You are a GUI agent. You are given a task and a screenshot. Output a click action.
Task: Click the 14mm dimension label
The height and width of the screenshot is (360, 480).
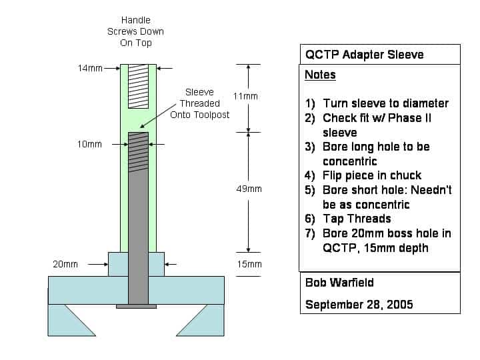coord(88,67)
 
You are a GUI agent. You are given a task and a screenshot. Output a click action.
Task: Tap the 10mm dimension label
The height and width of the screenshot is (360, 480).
coord(89,144)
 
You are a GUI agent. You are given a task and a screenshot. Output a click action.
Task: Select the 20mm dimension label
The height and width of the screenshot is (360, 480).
coord(65,264)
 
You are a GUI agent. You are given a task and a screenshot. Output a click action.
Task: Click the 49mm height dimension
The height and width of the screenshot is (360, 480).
coord(251,189)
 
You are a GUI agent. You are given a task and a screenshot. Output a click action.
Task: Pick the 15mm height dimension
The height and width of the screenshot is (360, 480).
coord(250,264)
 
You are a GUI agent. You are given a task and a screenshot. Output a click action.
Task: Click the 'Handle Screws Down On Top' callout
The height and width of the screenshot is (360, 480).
coord(135,31)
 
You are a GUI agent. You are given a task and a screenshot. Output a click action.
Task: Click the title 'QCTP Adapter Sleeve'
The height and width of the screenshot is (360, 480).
coord(364,54)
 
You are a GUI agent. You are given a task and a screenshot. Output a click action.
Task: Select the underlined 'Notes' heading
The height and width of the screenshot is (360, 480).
coord(320,75)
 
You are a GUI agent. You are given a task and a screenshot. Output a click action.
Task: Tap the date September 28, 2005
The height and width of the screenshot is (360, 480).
coord(359,305)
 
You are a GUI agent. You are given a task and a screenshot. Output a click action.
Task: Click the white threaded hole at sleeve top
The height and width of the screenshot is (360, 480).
coord(138,86)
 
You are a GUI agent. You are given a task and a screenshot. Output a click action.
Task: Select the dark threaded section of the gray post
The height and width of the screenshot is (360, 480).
coord(138,150)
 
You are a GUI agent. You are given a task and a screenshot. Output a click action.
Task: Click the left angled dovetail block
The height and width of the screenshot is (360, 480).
coord(72,319)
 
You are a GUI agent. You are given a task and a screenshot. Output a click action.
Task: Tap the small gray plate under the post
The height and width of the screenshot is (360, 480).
coord(136,306)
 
